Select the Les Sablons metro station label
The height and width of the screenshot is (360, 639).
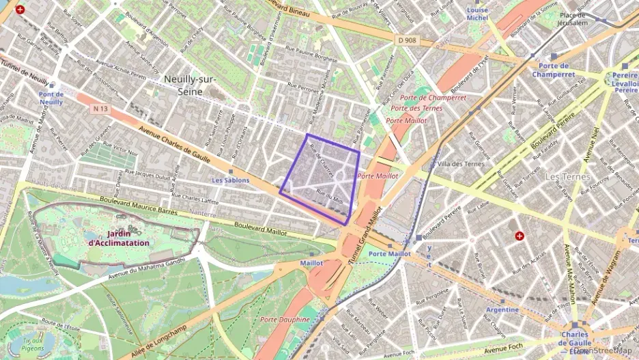coord(230,180)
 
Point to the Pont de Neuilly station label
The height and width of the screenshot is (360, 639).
coord(51,98)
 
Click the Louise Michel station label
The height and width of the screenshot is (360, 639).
coord(477,14)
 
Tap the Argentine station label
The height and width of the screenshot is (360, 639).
coord(502,309)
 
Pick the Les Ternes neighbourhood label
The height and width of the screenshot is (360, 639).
coord(567,177)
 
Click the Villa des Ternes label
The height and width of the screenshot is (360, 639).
coord(461,164)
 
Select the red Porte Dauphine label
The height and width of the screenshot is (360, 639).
coord(285,320)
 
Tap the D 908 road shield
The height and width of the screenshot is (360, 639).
coord(406,40)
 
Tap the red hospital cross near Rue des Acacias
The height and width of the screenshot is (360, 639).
coord(520,236)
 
